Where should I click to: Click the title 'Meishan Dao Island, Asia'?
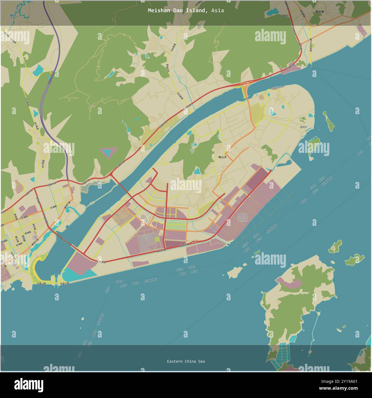186,11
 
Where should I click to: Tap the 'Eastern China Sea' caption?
186,361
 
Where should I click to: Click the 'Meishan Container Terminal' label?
242,217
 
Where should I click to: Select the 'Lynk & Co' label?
147,238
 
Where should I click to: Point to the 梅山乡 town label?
222,157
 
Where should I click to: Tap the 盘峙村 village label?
303,127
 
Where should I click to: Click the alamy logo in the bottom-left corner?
29,385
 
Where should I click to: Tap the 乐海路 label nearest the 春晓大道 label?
54,207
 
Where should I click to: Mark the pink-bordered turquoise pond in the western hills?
109,152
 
